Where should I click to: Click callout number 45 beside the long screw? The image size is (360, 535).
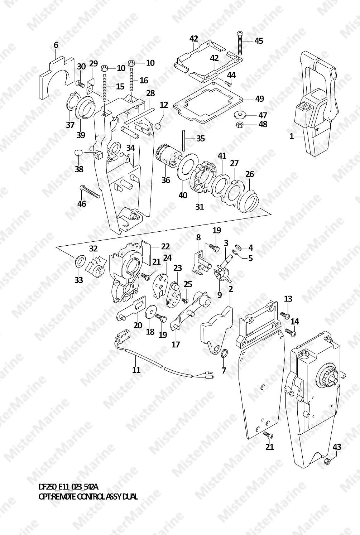(258, 41)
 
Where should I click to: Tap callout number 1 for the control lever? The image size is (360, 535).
(292, 136)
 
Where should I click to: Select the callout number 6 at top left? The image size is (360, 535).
(56, 45)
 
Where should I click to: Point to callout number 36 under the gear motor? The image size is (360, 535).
(165, 180)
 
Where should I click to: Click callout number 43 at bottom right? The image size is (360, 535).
(337, 447)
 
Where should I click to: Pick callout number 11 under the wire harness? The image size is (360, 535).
(136, 370)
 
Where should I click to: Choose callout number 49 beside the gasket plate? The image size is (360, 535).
(259, 98)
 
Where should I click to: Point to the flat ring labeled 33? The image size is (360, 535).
(80, 261)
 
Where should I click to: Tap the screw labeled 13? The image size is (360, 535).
(285, 315)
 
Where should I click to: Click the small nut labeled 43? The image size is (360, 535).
(327, 462)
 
